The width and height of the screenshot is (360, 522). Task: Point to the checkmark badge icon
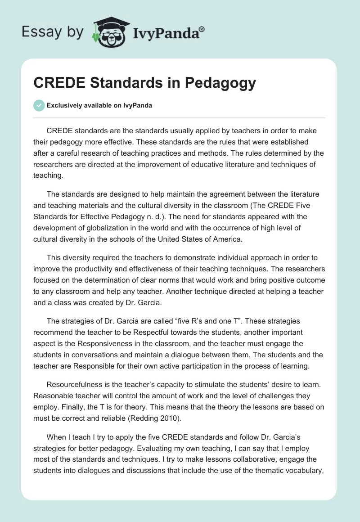click(39, 105)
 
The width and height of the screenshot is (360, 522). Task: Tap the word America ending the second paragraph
click(227, 239)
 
